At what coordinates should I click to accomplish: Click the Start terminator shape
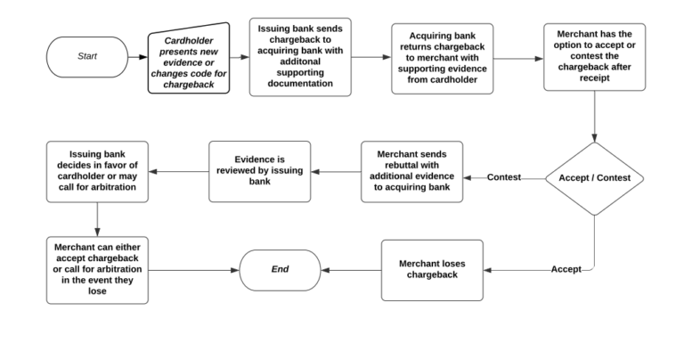pyautogui.click(x=87, y=57)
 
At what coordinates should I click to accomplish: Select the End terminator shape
pyautogui.click(x=280, y=269)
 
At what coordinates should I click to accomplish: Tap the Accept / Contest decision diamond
pyautogui.click(x=594, y=178)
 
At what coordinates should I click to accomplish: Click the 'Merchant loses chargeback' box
pyautogui.click(x=432, y=269)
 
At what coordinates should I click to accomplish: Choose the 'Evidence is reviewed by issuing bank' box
pyautogui.click(x=260, y=171)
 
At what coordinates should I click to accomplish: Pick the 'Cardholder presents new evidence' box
pyautogui.click(x=189, y=58)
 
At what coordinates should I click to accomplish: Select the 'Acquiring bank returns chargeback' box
pyautogui.click(x=442, y=58)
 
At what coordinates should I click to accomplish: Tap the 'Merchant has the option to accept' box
pyautogui.click(x=594, y=57)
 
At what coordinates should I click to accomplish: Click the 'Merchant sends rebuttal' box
pyautogui.click(x=411, y=171)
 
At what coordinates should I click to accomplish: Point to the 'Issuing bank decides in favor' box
pyautogui.click(x=97, y=171)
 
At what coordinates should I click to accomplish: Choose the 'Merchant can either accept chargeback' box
pyautogui.click(x=97, y=270)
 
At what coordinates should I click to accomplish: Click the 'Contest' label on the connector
pyautogui.click(x=504, y=177)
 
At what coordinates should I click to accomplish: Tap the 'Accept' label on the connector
pyautogui.click(x=566, y=269)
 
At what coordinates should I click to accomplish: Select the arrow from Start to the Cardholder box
pyautogui.click(x=138, y=57)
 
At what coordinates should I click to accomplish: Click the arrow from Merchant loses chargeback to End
pyautogui.click(x=351, y=269)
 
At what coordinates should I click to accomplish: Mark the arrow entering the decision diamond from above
pyautogui.click(x=594, y=116)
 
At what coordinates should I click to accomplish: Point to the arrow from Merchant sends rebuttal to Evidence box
pyautogui.click(x=337, y=171)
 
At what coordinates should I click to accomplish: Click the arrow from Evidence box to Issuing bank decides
pyautogui.click(x=178, y=171)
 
